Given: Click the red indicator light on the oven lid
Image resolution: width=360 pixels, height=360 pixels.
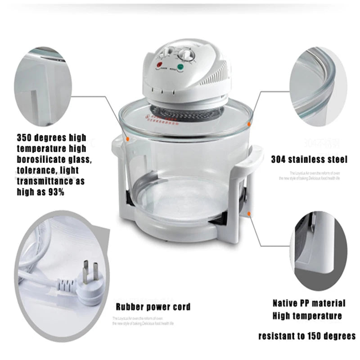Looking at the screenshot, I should pos(158,66).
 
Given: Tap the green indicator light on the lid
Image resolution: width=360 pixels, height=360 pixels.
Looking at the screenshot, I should pos(181,68).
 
